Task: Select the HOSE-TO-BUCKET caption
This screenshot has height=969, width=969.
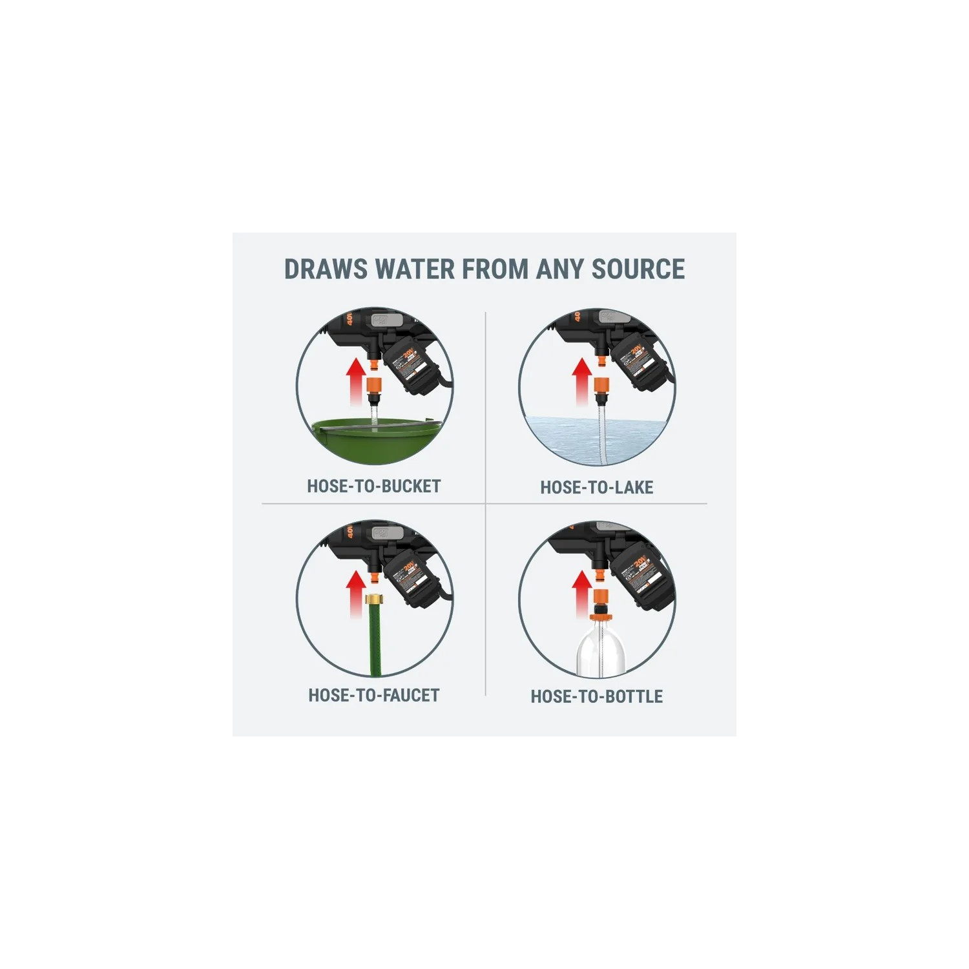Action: point(374,486)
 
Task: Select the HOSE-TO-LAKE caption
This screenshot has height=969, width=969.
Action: point(597,488)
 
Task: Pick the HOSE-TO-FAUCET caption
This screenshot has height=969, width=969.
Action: point(374,696)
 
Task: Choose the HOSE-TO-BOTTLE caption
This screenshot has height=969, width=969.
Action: point(597,697)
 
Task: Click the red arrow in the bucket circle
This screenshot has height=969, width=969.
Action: point(355,381)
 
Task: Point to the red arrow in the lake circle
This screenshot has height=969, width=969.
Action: point(582,381)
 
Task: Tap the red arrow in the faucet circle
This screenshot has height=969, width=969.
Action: point(355,593)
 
